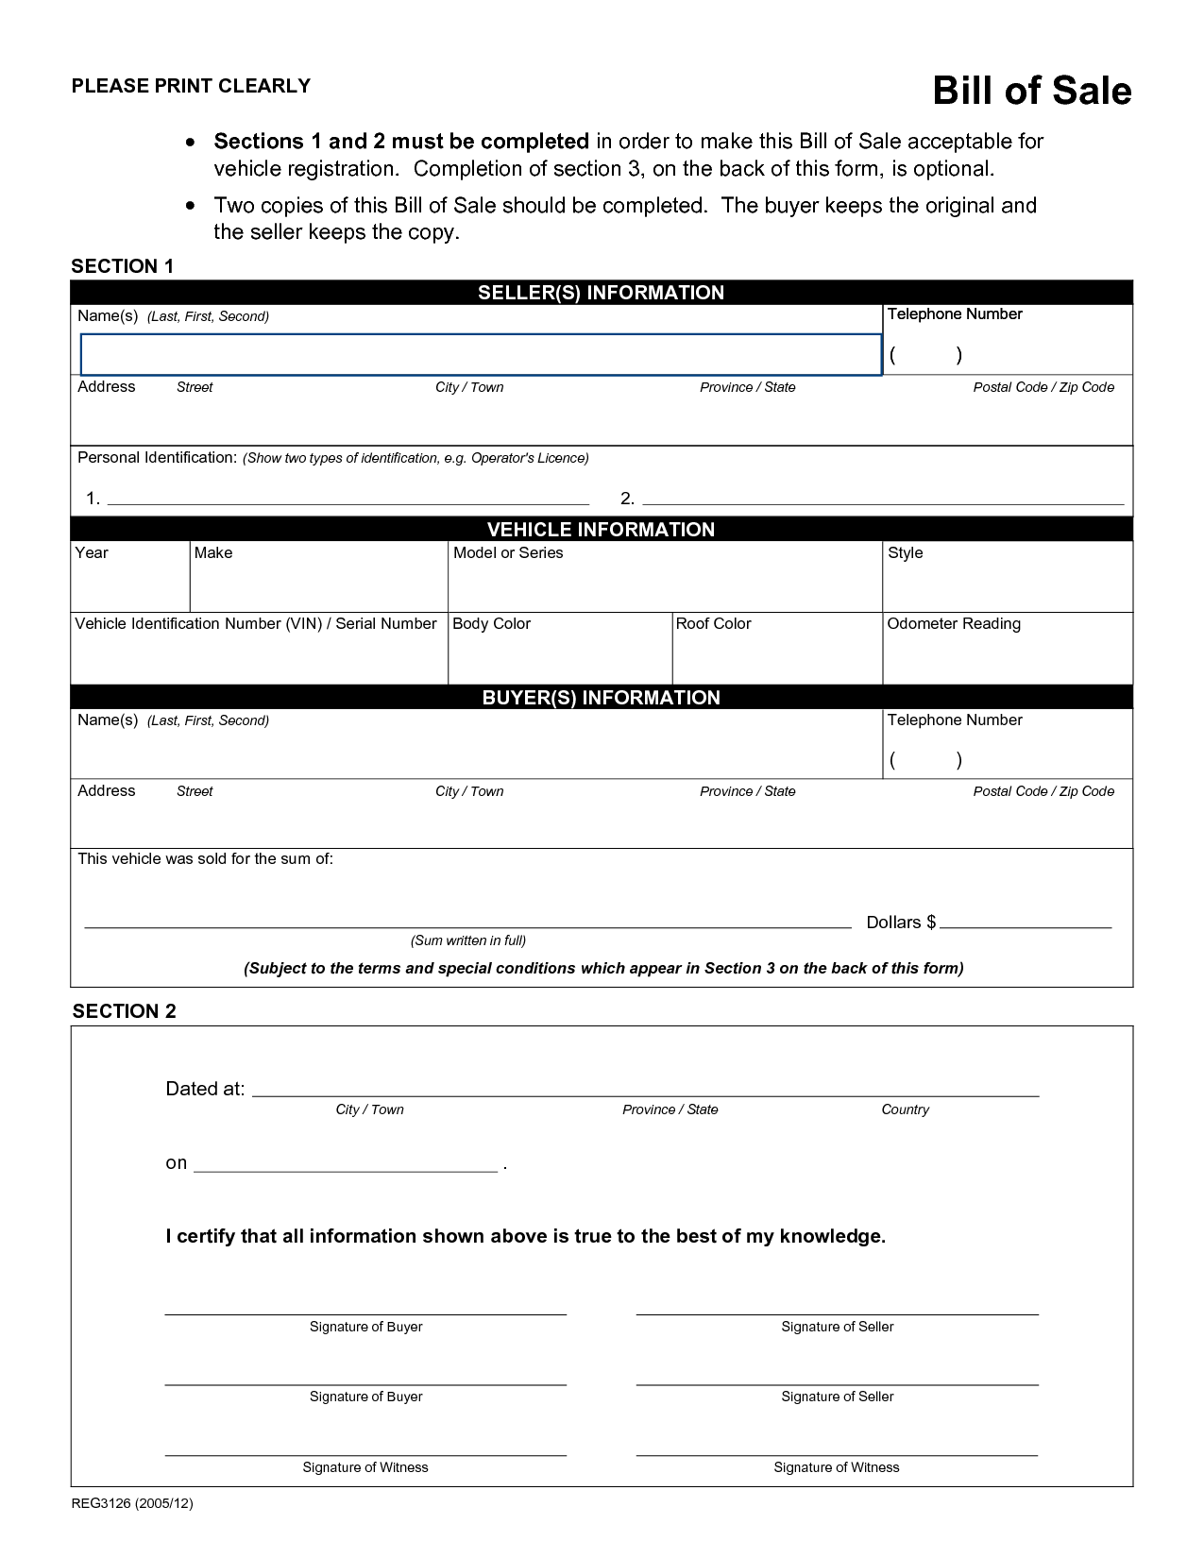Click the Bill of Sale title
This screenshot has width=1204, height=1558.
(1031, 91)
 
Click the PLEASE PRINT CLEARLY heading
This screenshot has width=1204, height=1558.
(191, 86)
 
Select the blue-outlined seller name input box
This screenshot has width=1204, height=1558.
(481, 355)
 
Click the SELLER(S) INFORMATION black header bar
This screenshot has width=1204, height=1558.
(601, 293)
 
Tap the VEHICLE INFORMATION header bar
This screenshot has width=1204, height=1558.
(601, 530)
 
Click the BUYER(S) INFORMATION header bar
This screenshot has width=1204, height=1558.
(601, 698)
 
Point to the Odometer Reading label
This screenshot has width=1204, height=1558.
(953, 624)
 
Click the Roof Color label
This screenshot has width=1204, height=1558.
(713, 624)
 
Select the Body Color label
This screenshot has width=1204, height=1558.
(491, 624)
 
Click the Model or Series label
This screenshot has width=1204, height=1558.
(508, 553)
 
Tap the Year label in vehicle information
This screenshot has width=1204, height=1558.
(92, 553)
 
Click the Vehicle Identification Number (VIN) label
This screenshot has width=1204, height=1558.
(255, 624)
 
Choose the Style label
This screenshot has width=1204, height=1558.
(905, 553)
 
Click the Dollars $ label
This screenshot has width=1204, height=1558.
(901, 923)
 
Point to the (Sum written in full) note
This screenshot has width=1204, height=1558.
(468, 940)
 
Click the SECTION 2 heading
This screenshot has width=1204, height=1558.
(124, 1011)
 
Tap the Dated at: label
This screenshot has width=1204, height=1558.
(205, 1089)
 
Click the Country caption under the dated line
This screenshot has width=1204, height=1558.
(905, 1109)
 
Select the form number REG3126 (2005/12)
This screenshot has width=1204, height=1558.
(132, 1503)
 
